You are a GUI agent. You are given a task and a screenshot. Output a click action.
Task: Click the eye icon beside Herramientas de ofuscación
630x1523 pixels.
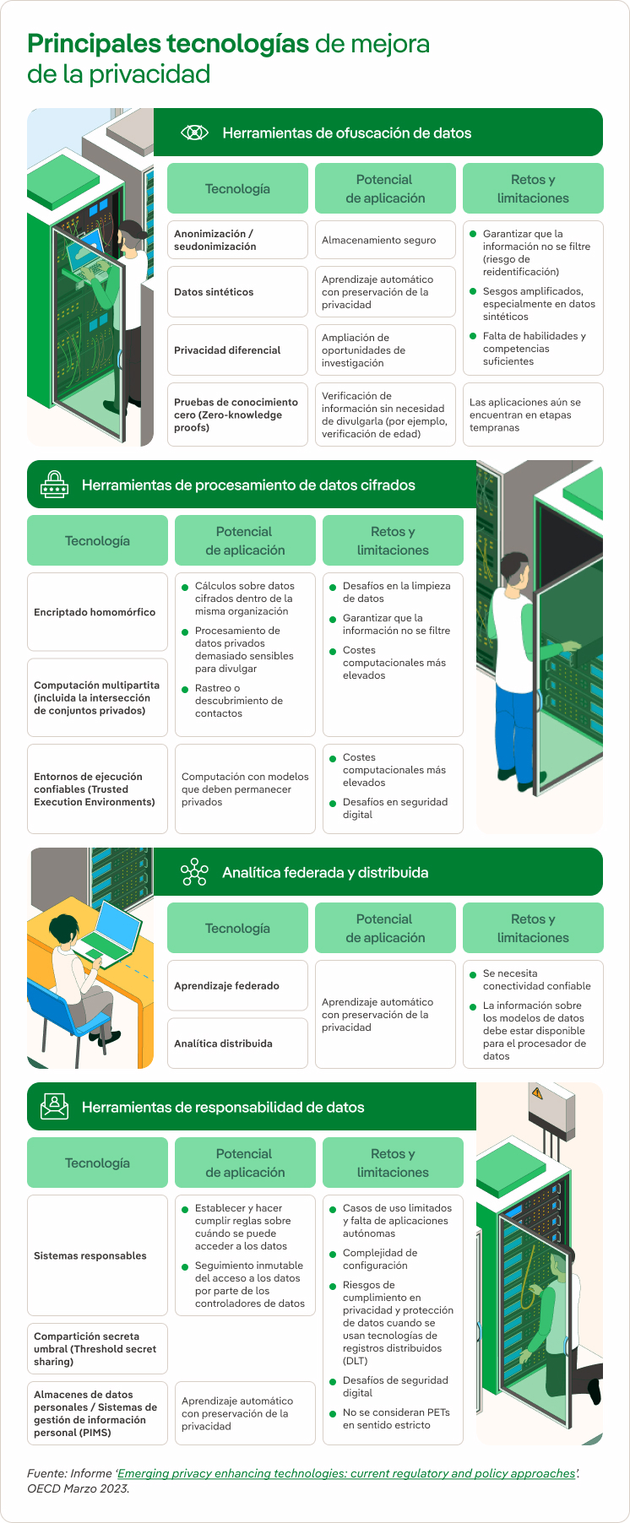[194, 133]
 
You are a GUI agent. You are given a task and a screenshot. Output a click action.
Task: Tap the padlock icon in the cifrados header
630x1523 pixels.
[54, 485]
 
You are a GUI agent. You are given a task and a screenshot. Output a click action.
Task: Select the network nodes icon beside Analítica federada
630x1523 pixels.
[194, 872]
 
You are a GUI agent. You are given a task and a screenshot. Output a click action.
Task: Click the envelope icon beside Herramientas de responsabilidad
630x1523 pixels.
[54, 1106]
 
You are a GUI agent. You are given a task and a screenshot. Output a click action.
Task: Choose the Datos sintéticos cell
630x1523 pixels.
[237, 292]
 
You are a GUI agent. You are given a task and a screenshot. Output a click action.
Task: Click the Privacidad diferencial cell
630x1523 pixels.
[237, 350]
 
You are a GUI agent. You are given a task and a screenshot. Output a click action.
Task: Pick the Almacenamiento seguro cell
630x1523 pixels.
[384, 241]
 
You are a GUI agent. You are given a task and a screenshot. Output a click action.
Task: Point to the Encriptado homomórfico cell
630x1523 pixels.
[97, 612]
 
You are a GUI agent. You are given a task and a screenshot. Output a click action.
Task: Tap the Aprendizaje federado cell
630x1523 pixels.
[237, 985]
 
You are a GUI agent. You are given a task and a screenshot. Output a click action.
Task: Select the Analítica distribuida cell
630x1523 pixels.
[237, 1043]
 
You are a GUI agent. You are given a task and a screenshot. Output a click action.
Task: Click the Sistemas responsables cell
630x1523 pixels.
[97, 1255]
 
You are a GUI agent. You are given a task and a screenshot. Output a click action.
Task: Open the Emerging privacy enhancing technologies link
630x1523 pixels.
[346, 1473]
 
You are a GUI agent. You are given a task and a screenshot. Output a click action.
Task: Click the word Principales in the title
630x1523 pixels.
[94, 44]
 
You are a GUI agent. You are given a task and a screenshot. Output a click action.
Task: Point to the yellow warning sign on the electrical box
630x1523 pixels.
[536, 1092]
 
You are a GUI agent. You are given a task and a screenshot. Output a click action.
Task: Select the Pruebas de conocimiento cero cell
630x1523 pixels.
[237, 415]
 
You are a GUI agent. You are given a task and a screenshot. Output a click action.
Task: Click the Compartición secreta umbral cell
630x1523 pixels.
[97, 1349]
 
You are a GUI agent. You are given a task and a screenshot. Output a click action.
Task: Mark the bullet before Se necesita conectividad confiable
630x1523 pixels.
[474, 974]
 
